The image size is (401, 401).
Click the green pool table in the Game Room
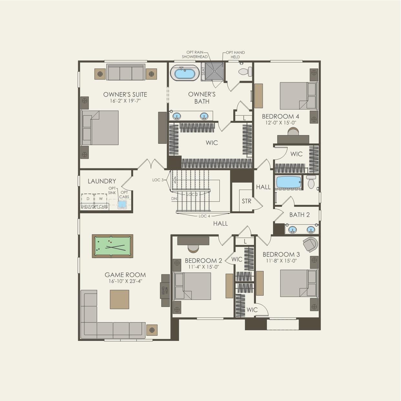coord(112,246)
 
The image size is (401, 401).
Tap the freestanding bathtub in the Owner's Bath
coord(185,73)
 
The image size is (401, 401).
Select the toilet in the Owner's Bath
coord(245,71)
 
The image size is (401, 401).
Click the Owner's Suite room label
coord(125,94)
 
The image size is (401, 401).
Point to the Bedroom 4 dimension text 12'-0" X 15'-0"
coord(280,123)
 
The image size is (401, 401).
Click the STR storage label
coord(247,201)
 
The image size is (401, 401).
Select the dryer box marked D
coord(88,199)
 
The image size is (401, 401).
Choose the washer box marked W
coord(101,199)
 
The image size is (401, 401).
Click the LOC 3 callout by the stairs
coord(158,180)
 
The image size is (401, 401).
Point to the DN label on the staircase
coord(174,199)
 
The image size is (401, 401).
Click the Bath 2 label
coord(299,215)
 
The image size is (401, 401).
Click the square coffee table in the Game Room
coord(119,300)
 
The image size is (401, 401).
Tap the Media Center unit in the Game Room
coord(165,290)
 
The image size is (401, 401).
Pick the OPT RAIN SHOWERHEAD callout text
coord(195,54)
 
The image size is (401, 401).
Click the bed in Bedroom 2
coord(193,286)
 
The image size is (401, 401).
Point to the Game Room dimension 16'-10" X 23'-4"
coord(125,281)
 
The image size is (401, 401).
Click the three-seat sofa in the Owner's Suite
coord(126,72)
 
